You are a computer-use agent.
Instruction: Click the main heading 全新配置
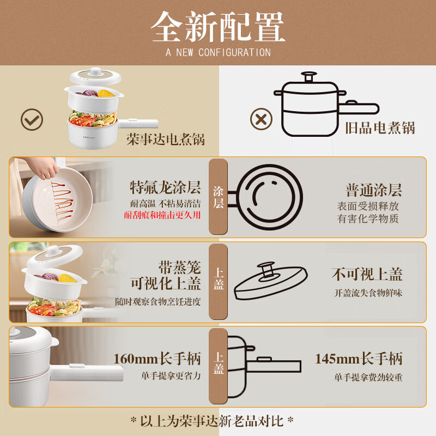[x=218, y=27]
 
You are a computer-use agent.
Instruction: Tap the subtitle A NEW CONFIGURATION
[x=218, y=52]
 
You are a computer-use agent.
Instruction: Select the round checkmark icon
[x=32, y=119]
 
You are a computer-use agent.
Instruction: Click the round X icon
[x=261, y=119]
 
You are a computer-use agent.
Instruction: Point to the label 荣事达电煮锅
[x=166, y=139]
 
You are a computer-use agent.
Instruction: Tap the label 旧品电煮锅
[x=380, y=128]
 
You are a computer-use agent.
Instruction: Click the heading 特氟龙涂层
[x=165, y=187]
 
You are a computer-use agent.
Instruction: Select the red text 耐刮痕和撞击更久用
[x=162, y=215]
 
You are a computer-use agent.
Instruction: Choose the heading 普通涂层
[x=374, y=190]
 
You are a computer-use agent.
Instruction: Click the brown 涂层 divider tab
[x=219, y=197]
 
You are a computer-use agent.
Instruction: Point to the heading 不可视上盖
[x=367, y=274]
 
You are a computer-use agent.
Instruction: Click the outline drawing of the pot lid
[x=270, y=280]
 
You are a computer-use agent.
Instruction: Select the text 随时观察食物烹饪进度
[x=158, y=302]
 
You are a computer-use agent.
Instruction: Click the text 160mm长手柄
[x=157, y=359]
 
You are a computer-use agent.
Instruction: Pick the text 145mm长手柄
[x=359, y=359]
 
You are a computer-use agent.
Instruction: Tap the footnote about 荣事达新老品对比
[x=212, y=421]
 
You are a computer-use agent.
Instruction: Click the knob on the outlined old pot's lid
[x=308, y=76]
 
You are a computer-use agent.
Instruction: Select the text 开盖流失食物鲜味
[x=368, y=293]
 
